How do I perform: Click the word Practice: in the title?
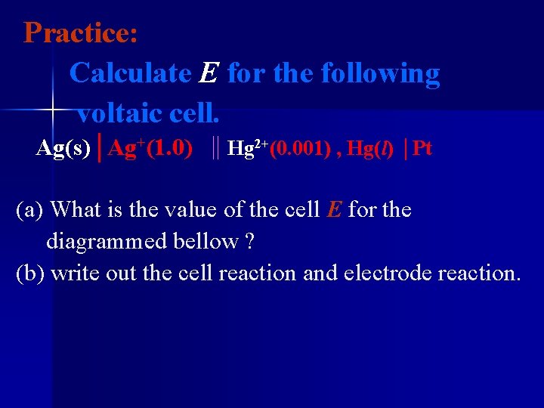point(80,33)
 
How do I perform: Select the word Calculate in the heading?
point(130,73)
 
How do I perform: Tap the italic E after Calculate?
point(209,74)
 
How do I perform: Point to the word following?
point(380,74)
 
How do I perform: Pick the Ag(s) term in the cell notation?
point(63,148)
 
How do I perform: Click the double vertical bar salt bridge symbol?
point(216,147)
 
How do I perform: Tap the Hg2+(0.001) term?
point(279,148)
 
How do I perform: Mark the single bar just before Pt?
point(406,148)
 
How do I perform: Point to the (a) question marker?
point(30,209)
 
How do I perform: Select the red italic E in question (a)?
point(334,209)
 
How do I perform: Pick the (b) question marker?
point(31,273)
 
